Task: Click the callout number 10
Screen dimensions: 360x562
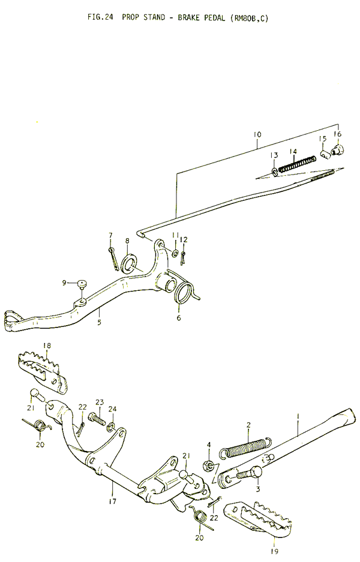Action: [x=257, y=135]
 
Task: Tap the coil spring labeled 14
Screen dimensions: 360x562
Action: [x=297, y=164]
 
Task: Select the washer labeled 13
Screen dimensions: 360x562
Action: [x=275, y=172]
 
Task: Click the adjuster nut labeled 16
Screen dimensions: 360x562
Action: [x=337, y=149]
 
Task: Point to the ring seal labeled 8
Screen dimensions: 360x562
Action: [x=128, y=262]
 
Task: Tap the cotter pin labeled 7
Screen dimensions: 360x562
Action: [x=113, y=258]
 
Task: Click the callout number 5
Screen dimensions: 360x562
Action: [x=99, y=322]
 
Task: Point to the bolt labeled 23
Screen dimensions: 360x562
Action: [x=98, y=419]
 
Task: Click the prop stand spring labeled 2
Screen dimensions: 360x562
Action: [x=245, y=447]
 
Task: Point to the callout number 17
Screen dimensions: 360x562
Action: [x=113, y=501]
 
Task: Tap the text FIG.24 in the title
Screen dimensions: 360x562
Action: [x=100, y=17]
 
